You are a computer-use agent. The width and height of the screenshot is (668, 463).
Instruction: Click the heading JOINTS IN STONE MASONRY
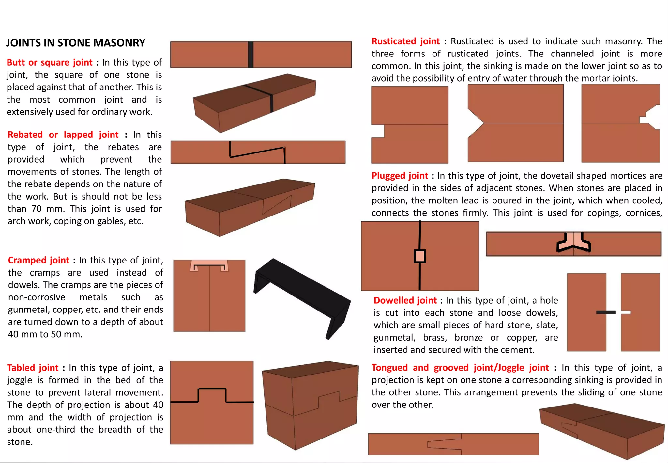point(76,43)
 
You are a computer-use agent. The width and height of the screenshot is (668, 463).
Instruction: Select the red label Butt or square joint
point(50,62)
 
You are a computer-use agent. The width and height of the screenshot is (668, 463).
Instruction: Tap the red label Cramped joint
point(38,260)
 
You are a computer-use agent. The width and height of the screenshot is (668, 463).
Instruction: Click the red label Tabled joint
point(33,368)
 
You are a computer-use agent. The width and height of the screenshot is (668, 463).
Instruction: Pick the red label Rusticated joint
point(405,41)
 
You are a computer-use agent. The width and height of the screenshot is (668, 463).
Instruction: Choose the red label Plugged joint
point(400,176)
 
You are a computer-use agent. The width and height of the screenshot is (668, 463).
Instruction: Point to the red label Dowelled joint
point(405,300)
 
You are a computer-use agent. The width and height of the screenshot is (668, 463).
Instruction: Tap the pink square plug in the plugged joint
point(420,256)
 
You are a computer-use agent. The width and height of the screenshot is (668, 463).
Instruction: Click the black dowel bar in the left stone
point(606,312)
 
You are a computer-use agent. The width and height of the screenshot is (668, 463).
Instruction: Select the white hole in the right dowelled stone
point(626,312)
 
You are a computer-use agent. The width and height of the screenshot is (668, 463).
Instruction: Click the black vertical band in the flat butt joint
point(250,55)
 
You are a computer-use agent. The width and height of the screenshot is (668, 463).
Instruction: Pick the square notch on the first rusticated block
point(378,131)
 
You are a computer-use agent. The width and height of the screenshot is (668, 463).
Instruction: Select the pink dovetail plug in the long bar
point(574,242)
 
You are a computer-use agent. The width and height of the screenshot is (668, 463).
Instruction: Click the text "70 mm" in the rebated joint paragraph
point(46,209)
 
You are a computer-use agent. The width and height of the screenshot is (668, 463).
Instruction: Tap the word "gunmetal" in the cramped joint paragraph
point(29,310)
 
